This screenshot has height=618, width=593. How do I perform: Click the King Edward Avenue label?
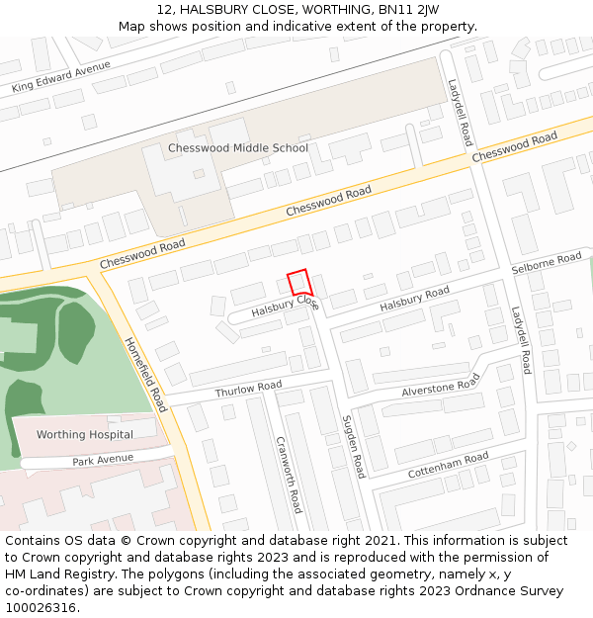click(61, 77)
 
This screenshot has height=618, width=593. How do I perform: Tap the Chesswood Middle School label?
click(237, 148)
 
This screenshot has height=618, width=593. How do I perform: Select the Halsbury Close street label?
click(284, 306)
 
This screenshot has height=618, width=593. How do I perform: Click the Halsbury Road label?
click(415, 300)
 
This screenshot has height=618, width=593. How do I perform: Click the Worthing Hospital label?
click(84, 434)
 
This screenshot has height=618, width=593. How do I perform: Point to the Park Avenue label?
click(102, 460)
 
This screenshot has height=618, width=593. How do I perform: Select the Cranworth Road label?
click(288, 475)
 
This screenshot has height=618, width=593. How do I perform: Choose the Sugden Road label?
click(353, 446)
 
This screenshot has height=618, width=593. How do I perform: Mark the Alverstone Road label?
click(440, 386)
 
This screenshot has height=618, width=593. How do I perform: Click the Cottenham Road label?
click(448, 466)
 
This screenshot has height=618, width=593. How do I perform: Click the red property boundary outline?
click(299, 283)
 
